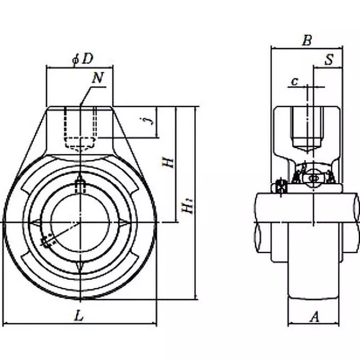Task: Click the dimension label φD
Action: pyautogui.click(x=82, y=59)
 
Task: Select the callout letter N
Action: pyautogui.click(x=98, y=78)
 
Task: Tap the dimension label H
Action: pyautogui.click(x=169, y=162)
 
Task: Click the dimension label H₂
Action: pyautogui.click(x=188, y=207)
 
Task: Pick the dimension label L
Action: pyautogui.click(x=79, y=316)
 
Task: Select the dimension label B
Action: pyautogui.click(x=306, y=41)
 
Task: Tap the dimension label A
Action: pyautogui.click(x=315, y=317)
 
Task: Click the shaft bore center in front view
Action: pyautogui.click(x=80, y=222)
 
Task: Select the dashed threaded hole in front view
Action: pyautogui.click(x=80, y=128)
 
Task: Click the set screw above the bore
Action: pyautogui.click(x=80, y=184)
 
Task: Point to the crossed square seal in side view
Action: pyautogui.click(x=281, y=186)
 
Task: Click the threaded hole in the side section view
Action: pyautogui.click(x=307, y=128)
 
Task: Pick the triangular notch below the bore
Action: pyautogui.click(x=80, y=266)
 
